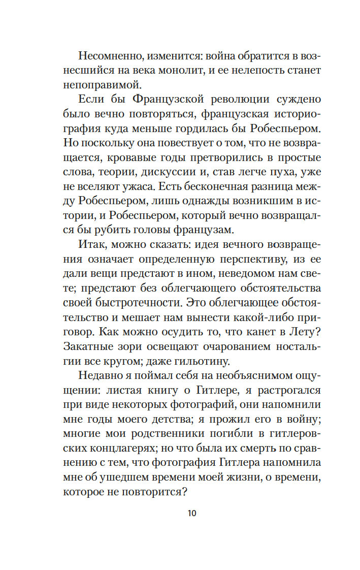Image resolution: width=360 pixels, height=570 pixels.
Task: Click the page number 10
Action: click(191, 513)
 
